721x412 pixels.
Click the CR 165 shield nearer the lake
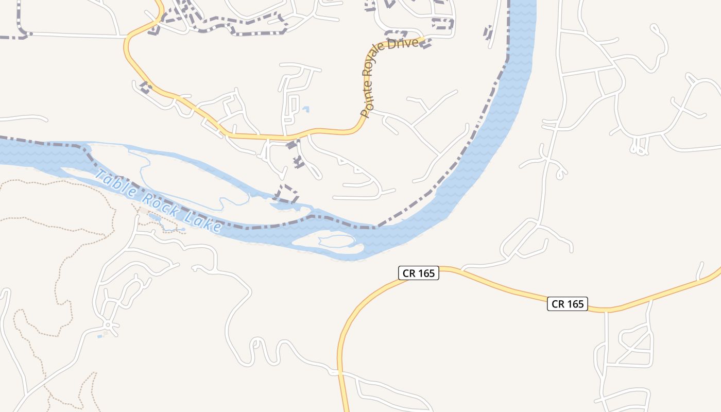pyautogui.click(x=418, y=273)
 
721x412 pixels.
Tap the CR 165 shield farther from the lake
pyautogui.click(x=568, y=304)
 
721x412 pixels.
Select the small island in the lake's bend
pyautogui.click(x=330, y=244)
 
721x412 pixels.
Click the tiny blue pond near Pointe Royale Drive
pyautogui.click(x=306, y=109)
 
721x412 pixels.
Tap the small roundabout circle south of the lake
pyautogui.click(x=107, y=325)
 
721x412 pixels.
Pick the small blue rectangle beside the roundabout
pyautogui.click(x=99, y=336)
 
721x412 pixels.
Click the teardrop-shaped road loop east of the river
pyautogui.click(x=560, y=174)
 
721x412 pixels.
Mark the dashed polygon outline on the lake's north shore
pyautogui.click(x=286, y=193)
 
